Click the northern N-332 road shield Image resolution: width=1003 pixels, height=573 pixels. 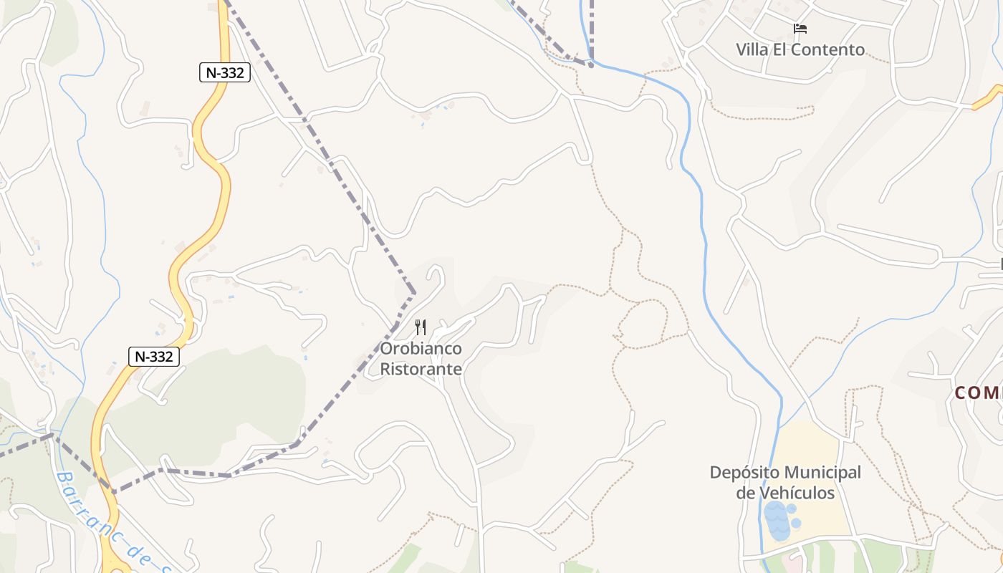click(224, 72)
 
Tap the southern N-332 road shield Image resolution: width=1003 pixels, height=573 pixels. click(154, 356)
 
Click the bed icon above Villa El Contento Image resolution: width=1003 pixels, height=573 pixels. click(800, 29)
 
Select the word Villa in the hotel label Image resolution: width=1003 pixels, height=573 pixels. click(752, 49)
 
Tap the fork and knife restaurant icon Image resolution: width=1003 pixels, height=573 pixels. click(421, 327)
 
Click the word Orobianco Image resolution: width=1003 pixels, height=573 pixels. click(421, 349)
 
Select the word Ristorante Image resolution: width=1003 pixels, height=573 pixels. click(421, 370)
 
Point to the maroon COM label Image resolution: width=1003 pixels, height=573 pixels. click(979, 393)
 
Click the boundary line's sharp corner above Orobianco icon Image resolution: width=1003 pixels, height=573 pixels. click(414, 294)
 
